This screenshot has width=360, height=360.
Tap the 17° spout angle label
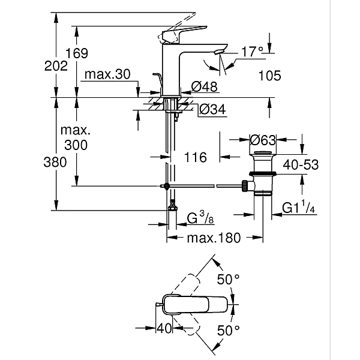pos(251,52)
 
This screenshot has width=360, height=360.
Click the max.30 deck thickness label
pos(107,74)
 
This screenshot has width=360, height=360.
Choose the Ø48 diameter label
pos(205,88)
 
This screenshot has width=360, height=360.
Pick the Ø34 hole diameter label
pos(211,110)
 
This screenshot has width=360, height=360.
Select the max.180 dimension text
pos(212,238)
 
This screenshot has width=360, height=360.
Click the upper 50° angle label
pos(228,279)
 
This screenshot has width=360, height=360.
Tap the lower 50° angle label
pos(228,329)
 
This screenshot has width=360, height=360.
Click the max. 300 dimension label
pos(77,137)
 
